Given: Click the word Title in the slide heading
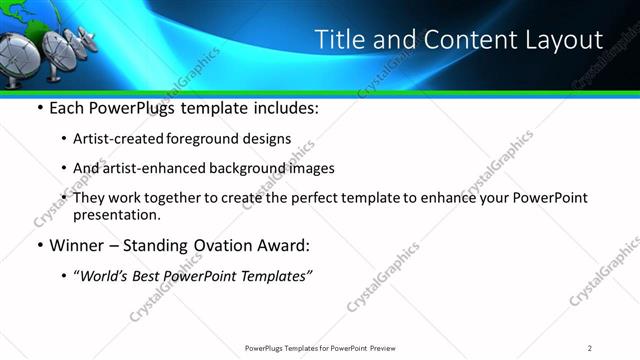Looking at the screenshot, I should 338,40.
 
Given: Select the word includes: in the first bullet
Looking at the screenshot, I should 283,108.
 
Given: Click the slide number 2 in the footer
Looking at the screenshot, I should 591,347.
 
